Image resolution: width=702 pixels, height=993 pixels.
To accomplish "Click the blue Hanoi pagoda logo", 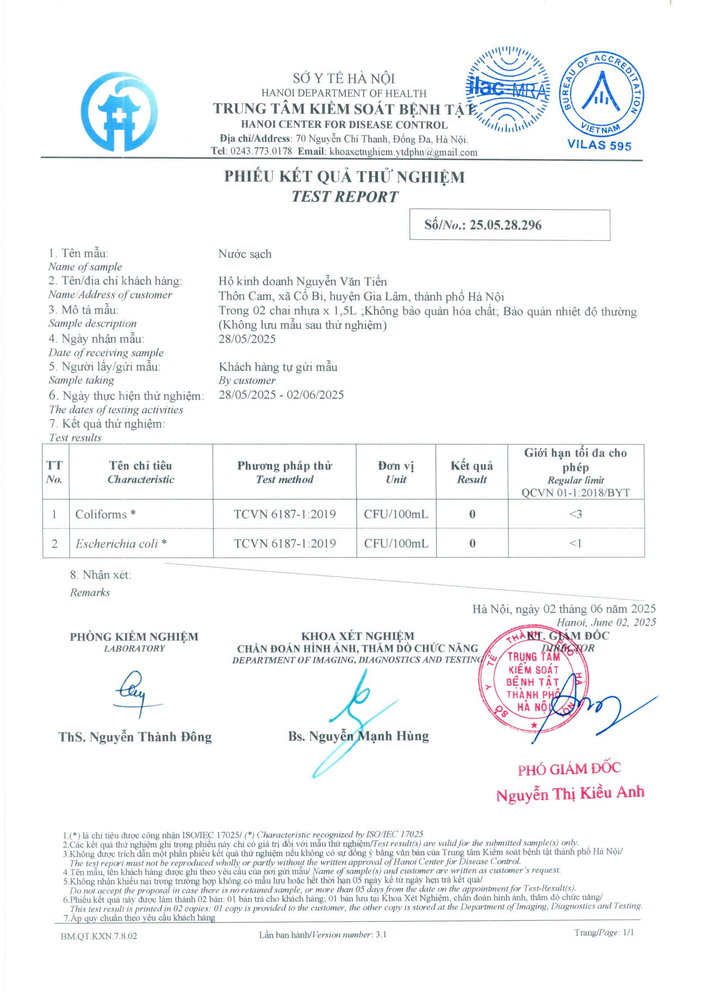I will click(x=119, y=111).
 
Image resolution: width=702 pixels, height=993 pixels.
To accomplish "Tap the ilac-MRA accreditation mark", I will click(x=508, y=90).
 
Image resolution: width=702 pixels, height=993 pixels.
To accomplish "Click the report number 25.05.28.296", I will click(x=505, y=225).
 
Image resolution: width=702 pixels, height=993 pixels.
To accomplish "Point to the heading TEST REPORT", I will click(x=344, y=197).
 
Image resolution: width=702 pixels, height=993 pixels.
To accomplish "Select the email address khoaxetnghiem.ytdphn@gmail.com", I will click(x=403, y=152).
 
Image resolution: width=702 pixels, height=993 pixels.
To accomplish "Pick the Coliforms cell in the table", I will click(x=105, y=514).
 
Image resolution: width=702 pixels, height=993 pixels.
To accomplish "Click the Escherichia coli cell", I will click(x=121, y=544).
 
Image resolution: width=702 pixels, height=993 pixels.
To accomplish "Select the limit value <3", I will click(x=575, y=514).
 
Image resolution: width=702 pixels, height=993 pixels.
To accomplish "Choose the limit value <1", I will click(x=575, y=544).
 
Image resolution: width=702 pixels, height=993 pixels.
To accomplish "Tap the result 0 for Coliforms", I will click(x=472, y=514).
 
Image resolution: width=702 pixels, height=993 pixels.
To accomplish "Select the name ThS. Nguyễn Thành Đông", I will click(x=135, y=737).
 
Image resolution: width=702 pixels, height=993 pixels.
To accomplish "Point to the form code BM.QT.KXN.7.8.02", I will click(x=99, y=936).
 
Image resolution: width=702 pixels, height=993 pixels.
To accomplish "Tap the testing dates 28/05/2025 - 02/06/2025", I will click(x=281, y=395).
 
